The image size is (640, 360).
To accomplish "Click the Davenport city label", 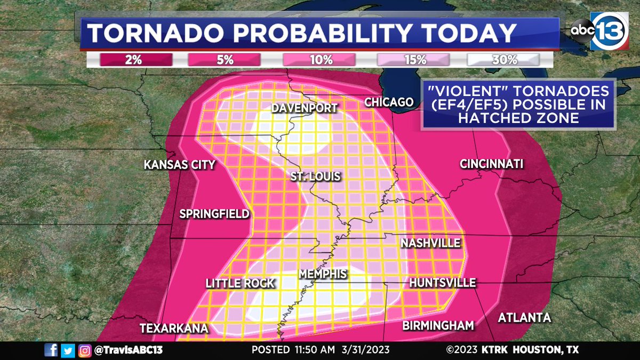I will (305, 108).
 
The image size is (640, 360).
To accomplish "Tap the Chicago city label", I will (389, 102).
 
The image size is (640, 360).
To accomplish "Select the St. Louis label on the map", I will (315, 176).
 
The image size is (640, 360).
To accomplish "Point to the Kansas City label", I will (179, 165).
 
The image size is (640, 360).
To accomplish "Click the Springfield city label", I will (214, 214).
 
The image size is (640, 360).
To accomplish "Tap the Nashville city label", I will (430, 243).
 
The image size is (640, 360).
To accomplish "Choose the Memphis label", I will (323, 274).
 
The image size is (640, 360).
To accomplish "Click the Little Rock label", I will (240, 283).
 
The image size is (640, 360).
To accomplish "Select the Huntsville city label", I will (442, 283).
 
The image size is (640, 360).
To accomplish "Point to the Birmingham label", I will (438, 325).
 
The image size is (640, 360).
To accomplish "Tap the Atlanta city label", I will (524, 318).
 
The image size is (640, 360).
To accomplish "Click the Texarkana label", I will (174, 328).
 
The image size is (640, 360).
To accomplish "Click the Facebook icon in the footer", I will (51, 350).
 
